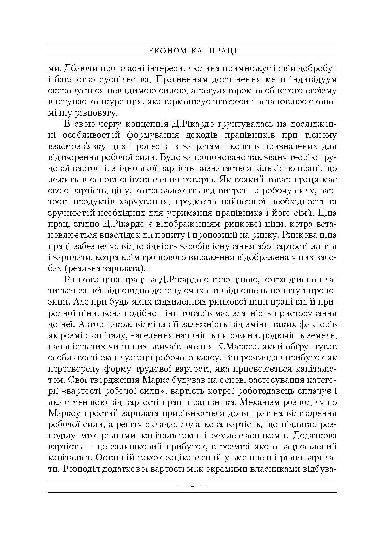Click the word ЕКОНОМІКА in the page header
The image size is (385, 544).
(176, 51)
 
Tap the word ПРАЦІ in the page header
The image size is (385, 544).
(223, 51)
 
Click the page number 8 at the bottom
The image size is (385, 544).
(192, 487)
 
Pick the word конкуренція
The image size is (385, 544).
(119, 102)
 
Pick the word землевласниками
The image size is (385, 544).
(250, 436)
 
